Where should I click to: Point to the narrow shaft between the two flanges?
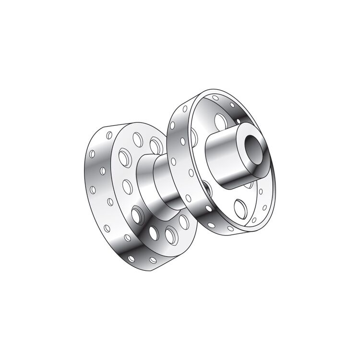pyautogui.click(x=166, y=180)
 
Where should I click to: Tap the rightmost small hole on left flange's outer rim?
pyautogui.click(x=153, y=260)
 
